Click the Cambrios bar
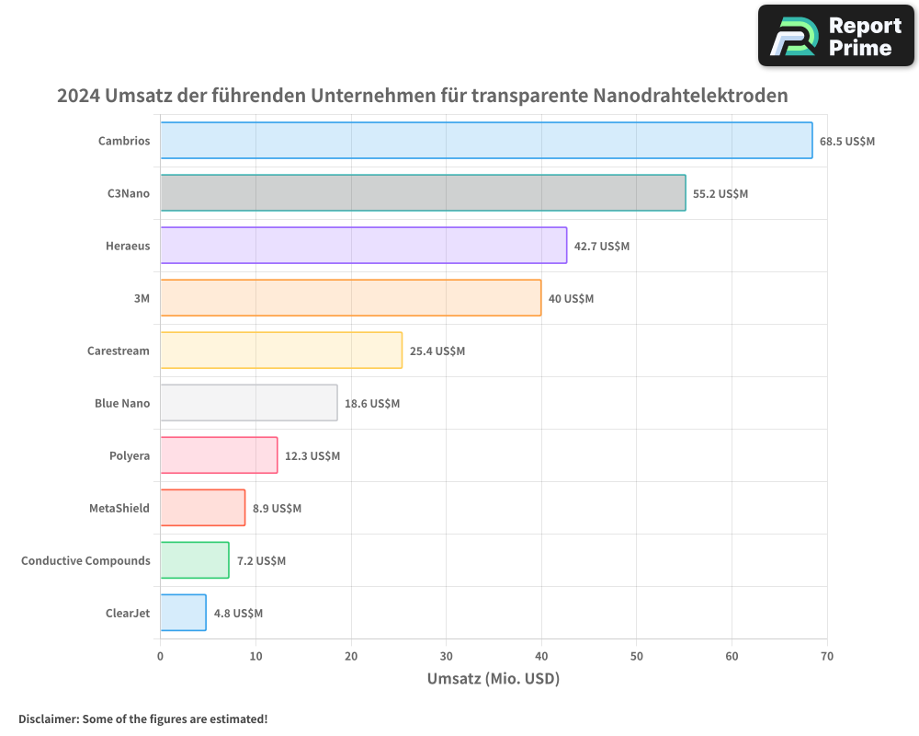486,141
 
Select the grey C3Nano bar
423,193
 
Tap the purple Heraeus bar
363,246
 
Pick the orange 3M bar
350,298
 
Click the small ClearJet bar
183,613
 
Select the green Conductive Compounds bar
194,560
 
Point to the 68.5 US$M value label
847,141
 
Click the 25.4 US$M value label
437,351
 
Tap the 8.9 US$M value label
277,508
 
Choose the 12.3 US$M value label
312,455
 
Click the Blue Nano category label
121,403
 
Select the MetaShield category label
119,508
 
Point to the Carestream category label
118,351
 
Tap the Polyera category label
130,455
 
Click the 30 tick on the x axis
446,656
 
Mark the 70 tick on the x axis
827,656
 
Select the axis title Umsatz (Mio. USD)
494,679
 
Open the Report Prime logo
836,36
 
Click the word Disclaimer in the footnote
47,719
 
